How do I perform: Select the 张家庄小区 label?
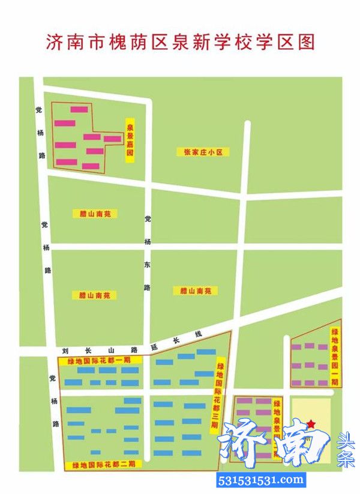click(203, 152)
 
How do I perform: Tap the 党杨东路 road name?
click(147, 253)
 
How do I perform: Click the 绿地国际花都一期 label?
click(100, 361)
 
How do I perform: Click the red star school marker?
click(311, 424)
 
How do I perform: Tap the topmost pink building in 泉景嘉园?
click(80, 109)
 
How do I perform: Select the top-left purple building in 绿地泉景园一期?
click(297, 346)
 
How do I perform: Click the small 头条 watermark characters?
click(347, 450)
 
